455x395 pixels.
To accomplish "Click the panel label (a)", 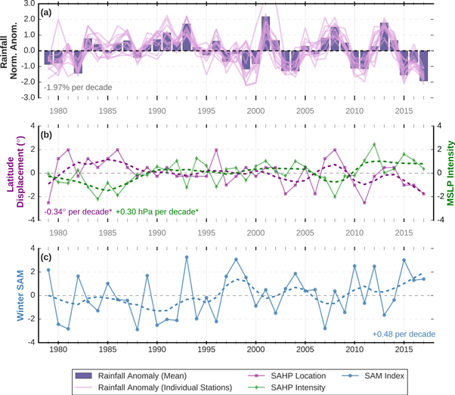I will coord(48,12).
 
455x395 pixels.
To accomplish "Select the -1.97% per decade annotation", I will coord(78,88).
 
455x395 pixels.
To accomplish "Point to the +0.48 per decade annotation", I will coord(402,334).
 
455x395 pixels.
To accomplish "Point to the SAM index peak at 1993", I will coord(187,258).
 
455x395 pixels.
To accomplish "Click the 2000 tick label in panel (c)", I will coord(255,351).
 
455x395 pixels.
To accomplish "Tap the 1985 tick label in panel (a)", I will coord(107,110).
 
